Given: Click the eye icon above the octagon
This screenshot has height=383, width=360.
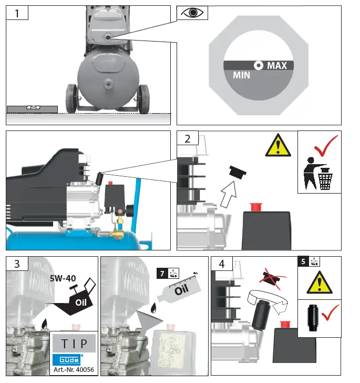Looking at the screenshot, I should [x=192, y=13].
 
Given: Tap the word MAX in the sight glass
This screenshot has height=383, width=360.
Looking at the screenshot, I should [x=277, y=66].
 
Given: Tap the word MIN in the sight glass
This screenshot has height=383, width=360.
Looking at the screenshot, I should [x=242, y=75].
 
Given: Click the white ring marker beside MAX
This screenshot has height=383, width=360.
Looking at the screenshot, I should [x=259, y=66].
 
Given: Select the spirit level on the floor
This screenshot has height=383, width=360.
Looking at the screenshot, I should [x=32, y=109].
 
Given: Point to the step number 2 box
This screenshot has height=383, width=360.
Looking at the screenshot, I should [x=188, y=139].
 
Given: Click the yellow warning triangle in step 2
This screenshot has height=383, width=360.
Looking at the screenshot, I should [x=279, y=145].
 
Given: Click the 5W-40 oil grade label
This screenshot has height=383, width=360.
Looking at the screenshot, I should [x=64, y=278].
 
